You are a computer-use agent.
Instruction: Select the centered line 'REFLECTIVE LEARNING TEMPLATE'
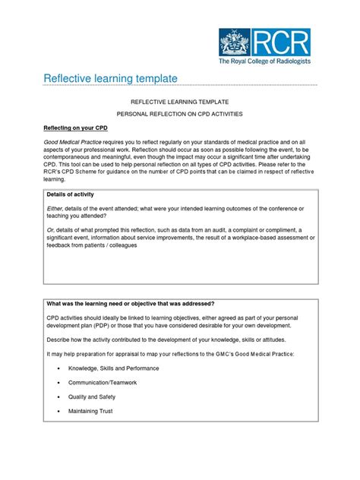tap(180, 100)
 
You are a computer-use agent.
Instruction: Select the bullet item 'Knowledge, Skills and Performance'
tap(115, 368)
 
